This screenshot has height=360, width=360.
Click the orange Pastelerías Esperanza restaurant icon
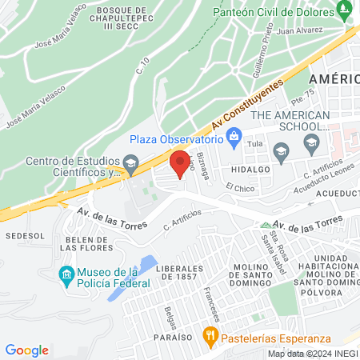click(x=210, y=336)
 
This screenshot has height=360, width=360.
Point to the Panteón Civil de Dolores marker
click(x=345, y=11)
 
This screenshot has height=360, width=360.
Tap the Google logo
click(x=27, y=350)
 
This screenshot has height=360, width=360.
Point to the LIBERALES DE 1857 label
click(x=186, y=272)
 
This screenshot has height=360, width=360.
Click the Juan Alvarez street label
click(x=300, y=30)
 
